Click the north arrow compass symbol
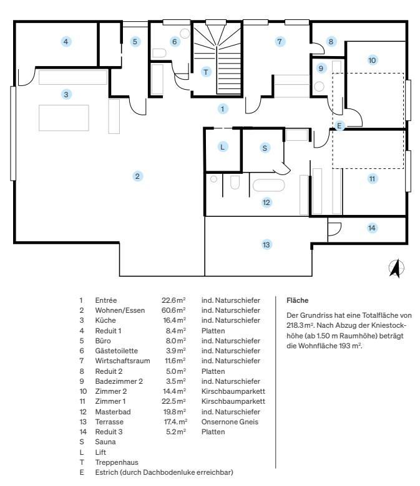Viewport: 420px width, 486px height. pyautogui.click(x=396, y=268)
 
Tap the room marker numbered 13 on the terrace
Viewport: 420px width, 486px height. pyautogui.click(x=266, y=245)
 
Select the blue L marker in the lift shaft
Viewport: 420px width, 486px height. pyautogui.click(x=222, y=147)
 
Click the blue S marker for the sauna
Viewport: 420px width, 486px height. pyautogui.click(x=265, y=148)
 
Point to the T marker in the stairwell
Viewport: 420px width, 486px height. pyautogui.click(x=206, y=72)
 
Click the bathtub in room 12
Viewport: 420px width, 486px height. pyautogui.click(x=268, y=185)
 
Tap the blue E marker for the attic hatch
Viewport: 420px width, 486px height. pyautogui.click(x=339, y=125)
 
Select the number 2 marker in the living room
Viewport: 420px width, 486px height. pyautogui.click(x=137, y=176)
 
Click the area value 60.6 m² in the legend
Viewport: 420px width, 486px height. pyautogui.click(x=173, y=310)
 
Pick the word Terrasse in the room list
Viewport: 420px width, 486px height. pyautogui.click(x=109, y=422)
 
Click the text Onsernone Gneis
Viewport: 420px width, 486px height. pyautogui.click(x=230, y=422)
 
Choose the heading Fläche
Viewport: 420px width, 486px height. pyautogui.click(x=298, y=300)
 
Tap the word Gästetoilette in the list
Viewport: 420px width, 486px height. pyautogui.click(x=117, y=351)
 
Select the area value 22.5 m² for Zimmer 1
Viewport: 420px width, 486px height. pyautogui.click(x=173, y=401)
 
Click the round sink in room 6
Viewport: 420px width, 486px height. pyautogui.click(x=185, y=34)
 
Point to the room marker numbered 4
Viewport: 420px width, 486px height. pyautogui.click(x=66, y=42)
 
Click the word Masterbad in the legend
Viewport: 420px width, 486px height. pyautogui.click(x=113, y=412)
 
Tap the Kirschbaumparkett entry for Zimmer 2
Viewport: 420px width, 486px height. pyautogui.click(x=233, y=391)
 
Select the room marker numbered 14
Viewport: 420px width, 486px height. pyautogui.click(x=371, y=228)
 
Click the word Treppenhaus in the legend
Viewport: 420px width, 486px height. pyautogui.click(x=117, y=462)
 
